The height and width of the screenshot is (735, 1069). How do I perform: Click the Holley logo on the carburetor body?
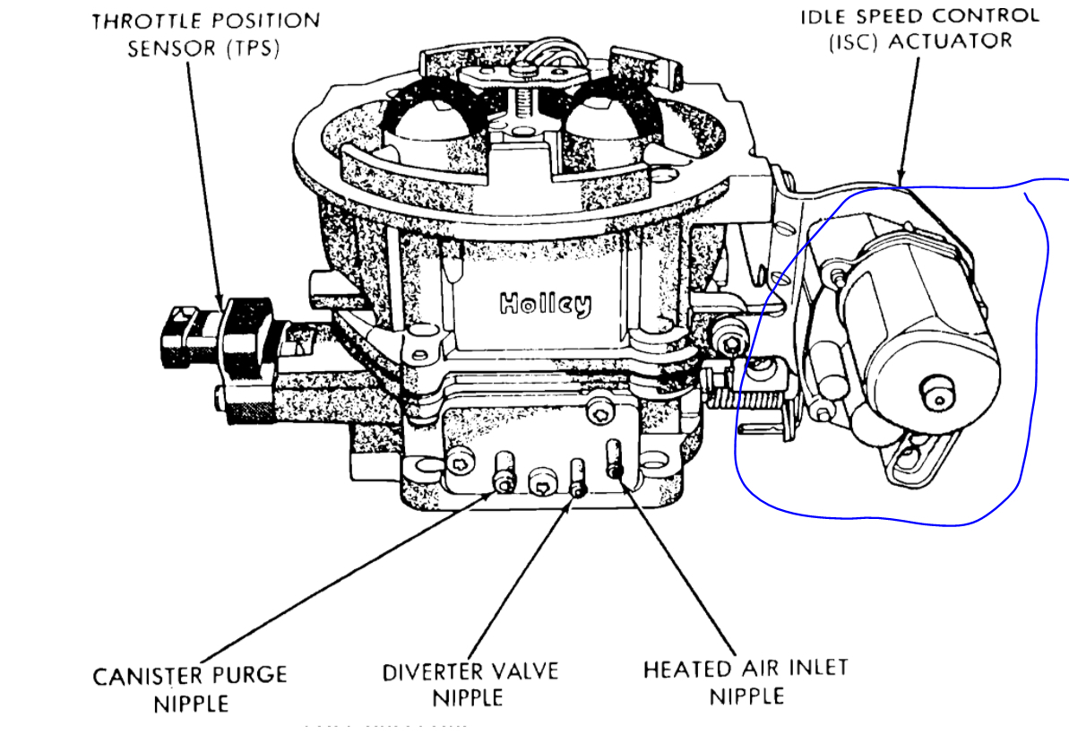(545, 305)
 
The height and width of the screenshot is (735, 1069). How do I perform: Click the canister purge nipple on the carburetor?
(504, 473)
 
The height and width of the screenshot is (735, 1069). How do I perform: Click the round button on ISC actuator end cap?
(935, 391)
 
